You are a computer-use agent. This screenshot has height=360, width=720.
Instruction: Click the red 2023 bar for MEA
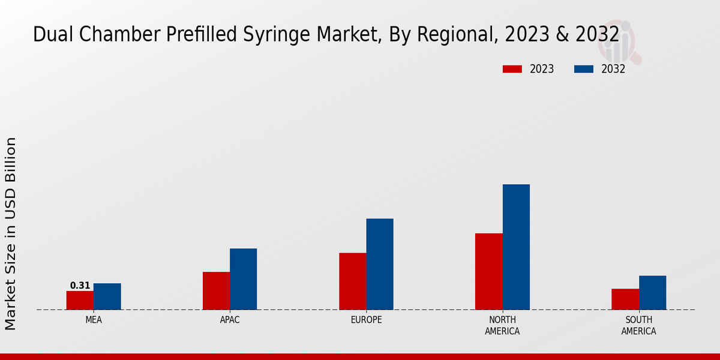click(x=80, y=300)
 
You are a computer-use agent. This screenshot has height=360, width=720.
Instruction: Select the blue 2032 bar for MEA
click(x=107, y=296)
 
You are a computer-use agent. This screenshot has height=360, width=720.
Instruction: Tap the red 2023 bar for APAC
click(x=216, y=290)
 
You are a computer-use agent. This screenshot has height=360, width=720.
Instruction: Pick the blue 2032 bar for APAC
click(x=243, y=279)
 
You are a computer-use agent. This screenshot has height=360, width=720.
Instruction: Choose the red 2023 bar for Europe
click(x=352, y=281)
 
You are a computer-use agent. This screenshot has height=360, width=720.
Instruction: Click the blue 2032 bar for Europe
click(x=380, y=264)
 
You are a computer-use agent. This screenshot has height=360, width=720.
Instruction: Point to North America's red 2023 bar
click(x=488, y=271)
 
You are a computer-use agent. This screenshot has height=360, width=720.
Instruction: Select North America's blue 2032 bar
click(x=516, y=247)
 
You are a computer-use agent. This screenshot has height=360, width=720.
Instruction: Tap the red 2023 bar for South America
click(x=625, y=299)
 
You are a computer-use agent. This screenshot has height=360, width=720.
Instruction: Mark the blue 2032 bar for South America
click(x=652, y=292)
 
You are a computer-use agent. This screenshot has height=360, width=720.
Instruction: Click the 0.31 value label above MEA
click(x=80, y=286)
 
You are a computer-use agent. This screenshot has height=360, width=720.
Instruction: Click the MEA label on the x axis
click(x=94, y=320)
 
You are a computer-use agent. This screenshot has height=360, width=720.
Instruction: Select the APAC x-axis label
click(x=230, y=320)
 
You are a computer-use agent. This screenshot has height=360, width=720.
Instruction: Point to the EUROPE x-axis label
click(x=366, y=320)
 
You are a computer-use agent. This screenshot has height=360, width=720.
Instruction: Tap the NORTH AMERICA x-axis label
click(x=502, y=326)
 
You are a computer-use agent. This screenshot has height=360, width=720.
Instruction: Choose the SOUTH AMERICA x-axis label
click(x=638, y=326)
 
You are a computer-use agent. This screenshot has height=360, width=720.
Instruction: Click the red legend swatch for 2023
click(x=512, y=69)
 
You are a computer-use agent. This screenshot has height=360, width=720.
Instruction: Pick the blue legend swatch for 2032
click(x=583, y=69)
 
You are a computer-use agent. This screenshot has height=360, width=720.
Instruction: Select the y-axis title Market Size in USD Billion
click(x=11, y=233)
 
